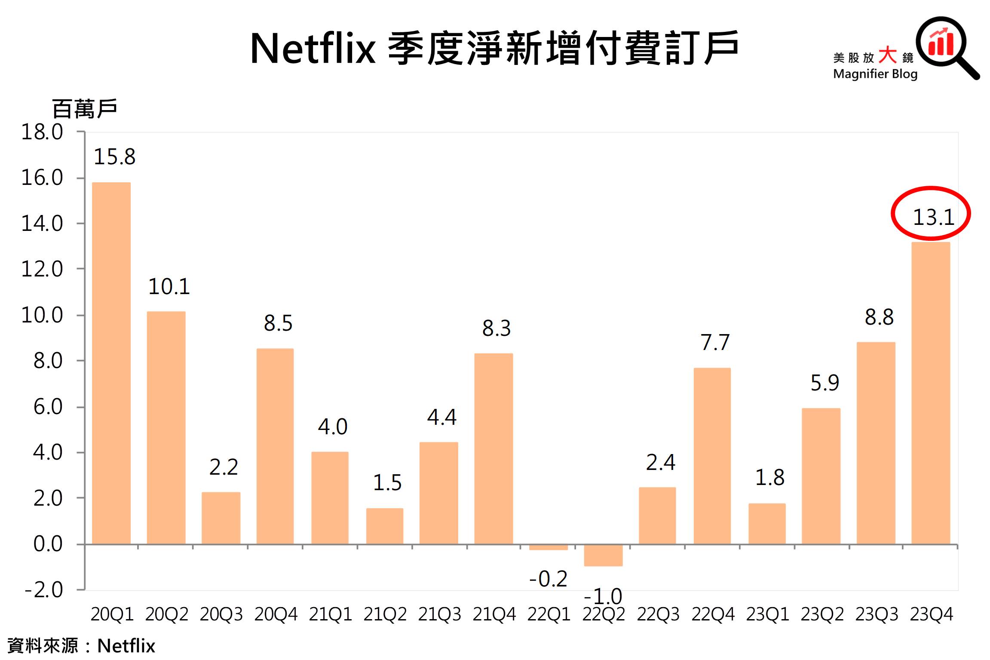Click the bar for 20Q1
111,363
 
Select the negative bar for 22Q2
603,555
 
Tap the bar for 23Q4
931,393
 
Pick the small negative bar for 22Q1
549,547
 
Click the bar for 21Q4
493,449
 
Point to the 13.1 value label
933,217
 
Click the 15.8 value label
114,157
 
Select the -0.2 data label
548,579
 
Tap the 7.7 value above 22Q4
715,343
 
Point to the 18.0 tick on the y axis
42,132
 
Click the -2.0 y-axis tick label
44,590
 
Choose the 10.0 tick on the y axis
42,315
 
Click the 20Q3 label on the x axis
221,614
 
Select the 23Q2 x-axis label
822,614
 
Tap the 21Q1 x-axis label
330,614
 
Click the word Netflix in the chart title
313,49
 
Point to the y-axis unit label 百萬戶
85,108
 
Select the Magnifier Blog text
875,74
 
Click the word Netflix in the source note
126,646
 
